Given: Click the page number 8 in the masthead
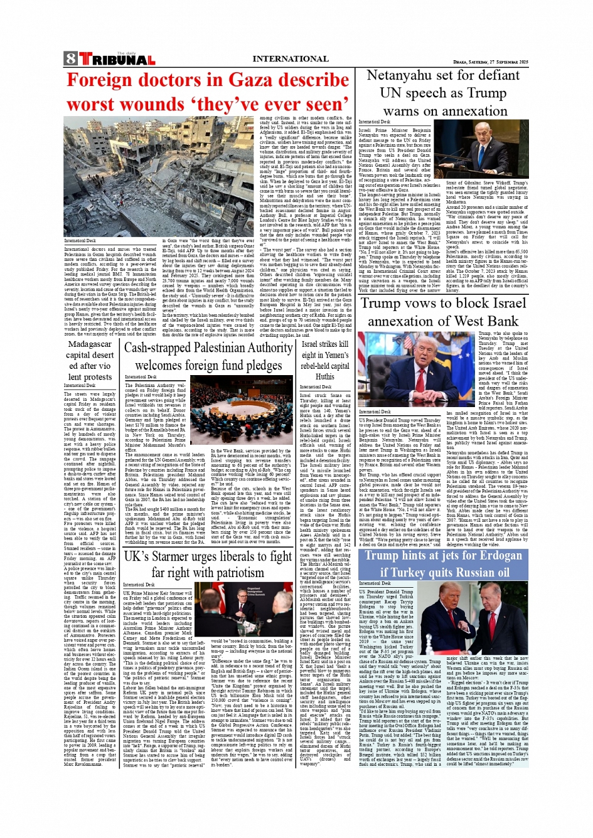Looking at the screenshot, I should coord(70,60).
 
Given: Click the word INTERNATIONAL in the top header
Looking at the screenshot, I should coord(291,59).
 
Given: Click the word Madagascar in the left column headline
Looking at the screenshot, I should coord(90,344).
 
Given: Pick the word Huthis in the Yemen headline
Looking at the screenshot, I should coord(324,376).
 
